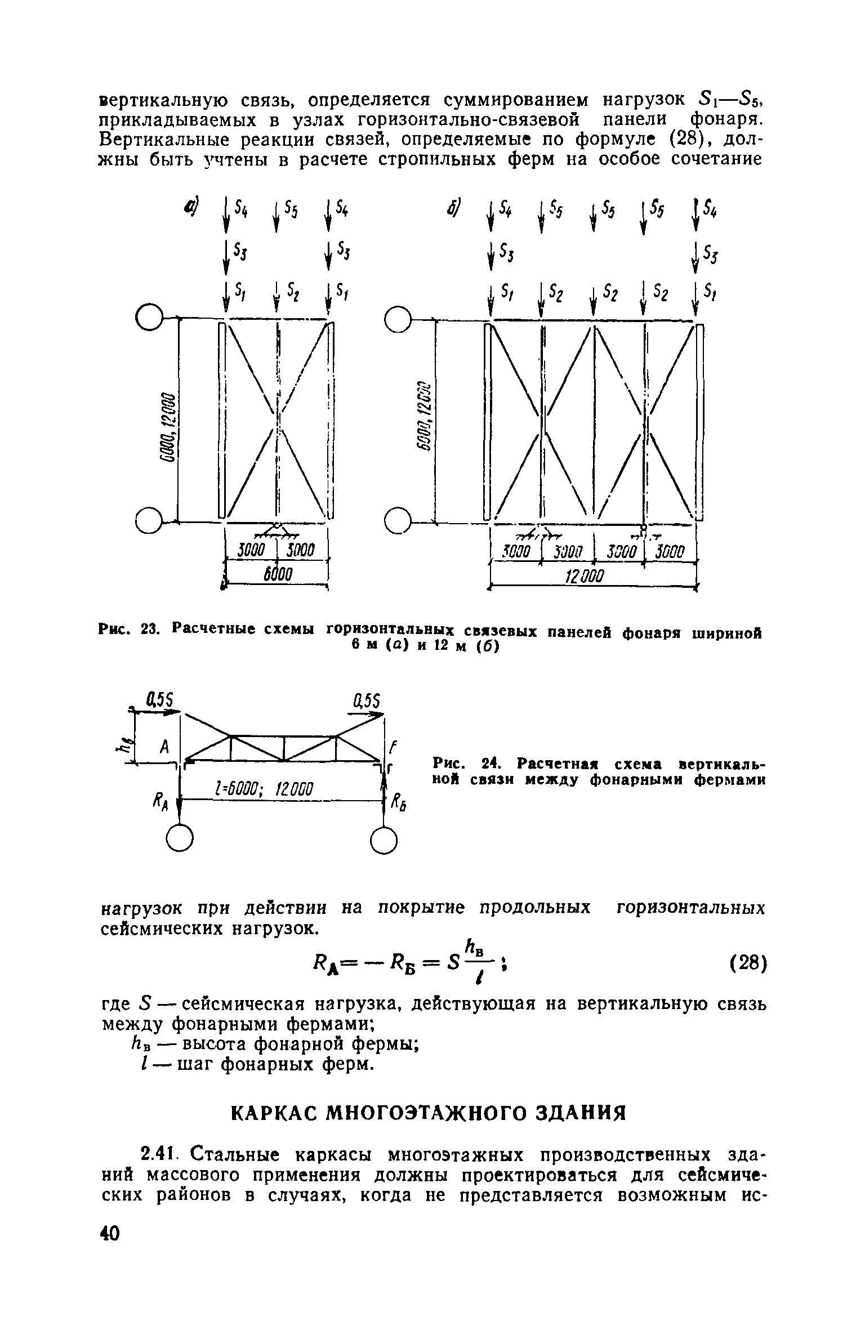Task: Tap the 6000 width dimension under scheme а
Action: click(x=277, y=575)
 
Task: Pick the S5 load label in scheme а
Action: click(x=291, y=210)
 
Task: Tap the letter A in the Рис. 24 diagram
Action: click(x=164, y=747)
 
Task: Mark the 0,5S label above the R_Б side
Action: click(x=368, y=702)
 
